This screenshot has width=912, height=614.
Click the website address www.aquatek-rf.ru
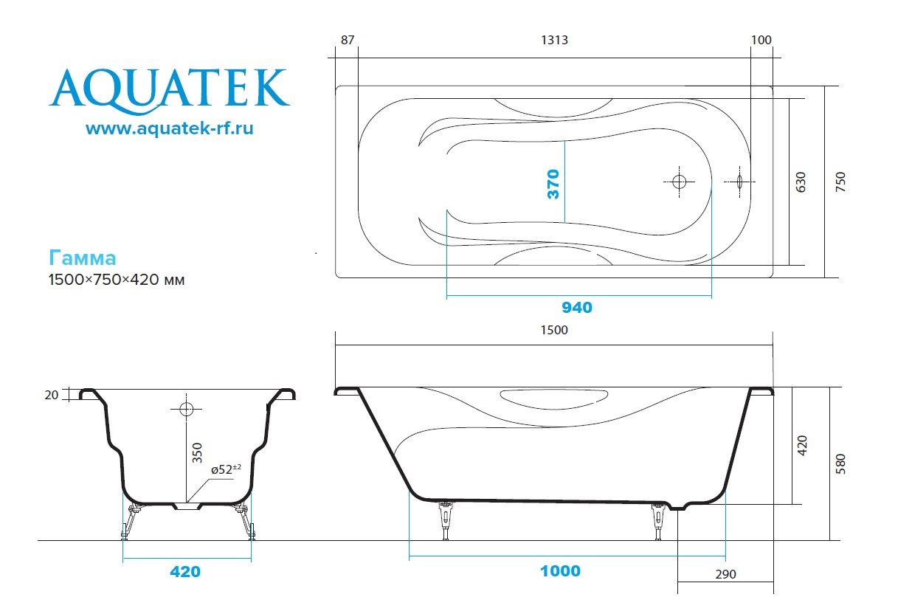170,128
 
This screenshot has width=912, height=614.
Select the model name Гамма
83,258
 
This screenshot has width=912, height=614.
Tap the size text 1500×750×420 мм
116,280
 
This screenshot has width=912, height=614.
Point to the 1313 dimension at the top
553,40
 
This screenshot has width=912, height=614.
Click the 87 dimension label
346,40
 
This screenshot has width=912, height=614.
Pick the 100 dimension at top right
761,40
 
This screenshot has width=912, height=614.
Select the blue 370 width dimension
553,183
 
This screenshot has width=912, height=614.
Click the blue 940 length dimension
576,308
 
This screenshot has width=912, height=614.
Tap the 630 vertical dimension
802,182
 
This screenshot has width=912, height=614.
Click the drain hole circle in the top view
680,182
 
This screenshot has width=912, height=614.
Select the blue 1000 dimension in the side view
559,571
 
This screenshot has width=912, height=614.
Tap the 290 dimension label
725,574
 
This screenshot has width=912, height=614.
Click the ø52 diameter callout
226,469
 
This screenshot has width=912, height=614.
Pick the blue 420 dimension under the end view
185,572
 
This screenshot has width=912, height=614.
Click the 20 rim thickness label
51,395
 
